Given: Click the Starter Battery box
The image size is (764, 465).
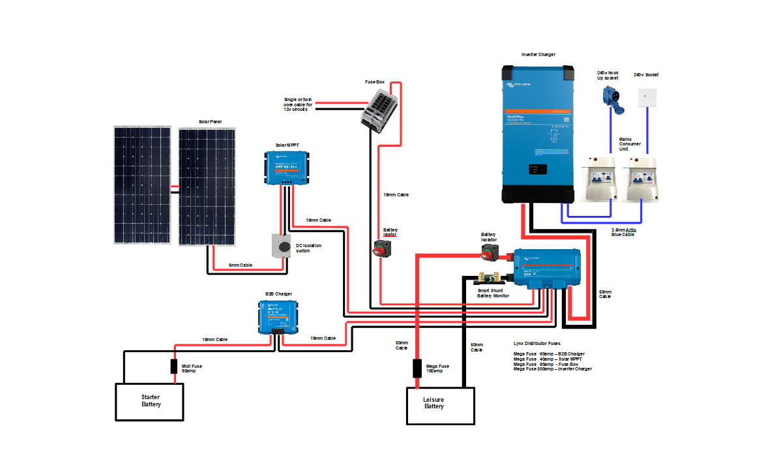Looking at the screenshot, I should pyautogui.click(x=150, y=401).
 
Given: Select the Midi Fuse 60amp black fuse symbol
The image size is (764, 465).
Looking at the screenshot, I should pyautogui.click(x=174, y=367).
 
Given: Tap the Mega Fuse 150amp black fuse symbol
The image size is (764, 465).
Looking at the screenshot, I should pyautogui.click(x=416, y=368).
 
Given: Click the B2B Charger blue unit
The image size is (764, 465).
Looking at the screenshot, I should pyautogui.click(x=276, y=317).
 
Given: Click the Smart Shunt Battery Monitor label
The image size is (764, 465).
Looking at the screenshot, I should pyautogui.click(x=493, y=293).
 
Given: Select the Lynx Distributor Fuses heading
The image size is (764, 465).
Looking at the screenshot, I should pyautogui.click(x=536, y=343).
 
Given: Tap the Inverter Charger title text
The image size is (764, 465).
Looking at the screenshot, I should pyautogui.click(x=538, y=54).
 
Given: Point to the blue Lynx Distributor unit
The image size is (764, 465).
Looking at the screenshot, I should pyautogui.click(x=546, y=268).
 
